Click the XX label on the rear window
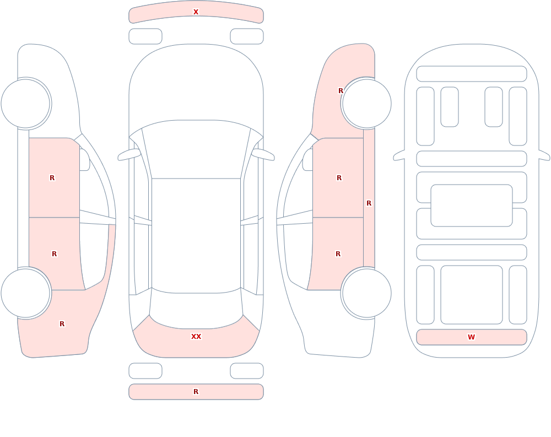[196, 337]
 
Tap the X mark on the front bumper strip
[196, 12]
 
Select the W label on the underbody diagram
[471, 337]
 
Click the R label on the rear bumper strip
[196, 392]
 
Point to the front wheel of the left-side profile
[25, 104]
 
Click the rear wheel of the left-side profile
[25, 293]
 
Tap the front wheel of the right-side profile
[367, 104]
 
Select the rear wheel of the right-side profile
[367, 293]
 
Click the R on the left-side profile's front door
[52, 178]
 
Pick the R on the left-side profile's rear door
[54, 254]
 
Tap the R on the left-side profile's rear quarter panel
[62, 324]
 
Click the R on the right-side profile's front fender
[341, 91]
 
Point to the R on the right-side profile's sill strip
[369, 203]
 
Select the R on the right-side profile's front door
[339, 178]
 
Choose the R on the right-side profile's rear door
[338, 254]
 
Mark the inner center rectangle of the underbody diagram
[472, 206]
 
